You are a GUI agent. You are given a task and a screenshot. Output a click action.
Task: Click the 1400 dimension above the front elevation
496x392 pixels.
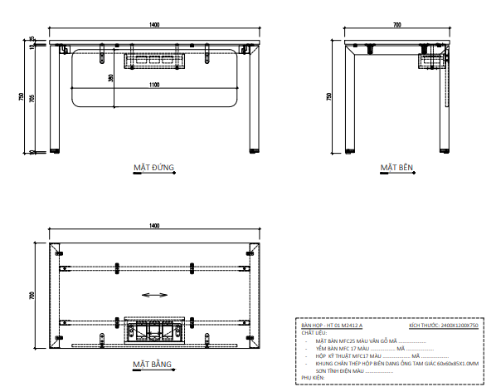(154, 25)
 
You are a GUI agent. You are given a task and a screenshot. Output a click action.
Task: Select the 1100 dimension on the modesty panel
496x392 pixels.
(154, 85)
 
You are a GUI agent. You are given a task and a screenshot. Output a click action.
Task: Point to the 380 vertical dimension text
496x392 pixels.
(111, 78)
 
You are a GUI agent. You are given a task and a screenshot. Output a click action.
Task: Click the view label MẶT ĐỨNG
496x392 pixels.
(153, 168)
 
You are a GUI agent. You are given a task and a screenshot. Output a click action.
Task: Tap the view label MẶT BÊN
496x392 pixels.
(396, 168)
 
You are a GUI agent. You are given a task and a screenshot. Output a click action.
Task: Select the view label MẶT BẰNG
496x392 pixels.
(152, 365)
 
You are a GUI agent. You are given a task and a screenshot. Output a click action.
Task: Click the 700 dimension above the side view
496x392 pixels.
(396, 25)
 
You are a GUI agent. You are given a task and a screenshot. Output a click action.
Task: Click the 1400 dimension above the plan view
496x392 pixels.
(154, 225)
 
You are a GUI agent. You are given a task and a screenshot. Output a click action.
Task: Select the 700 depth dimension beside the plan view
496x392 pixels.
(32, 294)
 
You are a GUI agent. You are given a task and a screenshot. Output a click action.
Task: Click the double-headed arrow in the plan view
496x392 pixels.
(154, 294)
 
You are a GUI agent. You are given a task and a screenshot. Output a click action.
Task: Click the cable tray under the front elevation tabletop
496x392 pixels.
(153, 61)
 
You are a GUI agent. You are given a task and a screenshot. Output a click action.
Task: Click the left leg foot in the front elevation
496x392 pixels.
(56, 152)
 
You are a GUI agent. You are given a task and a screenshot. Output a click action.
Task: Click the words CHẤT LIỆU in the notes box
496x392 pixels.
(314, 333)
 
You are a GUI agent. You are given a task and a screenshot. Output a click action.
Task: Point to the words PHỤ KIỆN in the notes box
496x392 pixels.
(313, 377)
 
